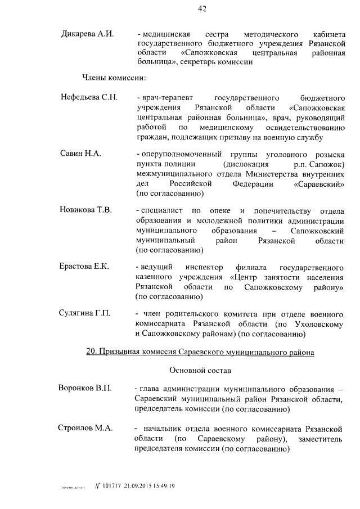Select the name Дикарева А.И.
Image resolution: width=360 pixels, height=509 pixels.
click(87, 34)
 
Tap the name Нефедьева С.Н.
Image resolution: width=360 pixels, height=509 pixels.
click(89, 97)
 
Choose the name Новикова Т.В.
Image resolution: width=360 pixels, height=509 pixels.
click(86, 210)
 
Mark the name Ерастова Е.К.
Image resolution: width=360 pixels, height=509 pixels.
click(84, 266)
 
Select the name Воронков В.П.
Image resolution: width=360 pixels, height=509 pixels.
click(85, 389)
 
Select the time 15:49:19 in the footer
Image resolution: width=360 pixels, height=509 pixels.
click(164, 486)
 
